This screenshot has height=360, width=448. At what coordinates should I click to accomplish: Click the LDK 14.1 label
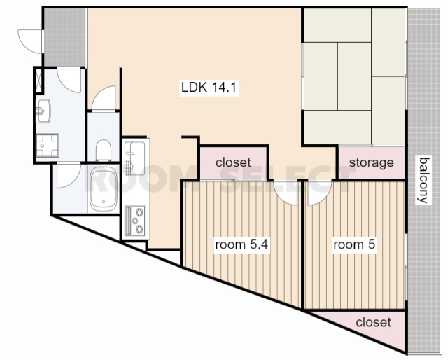point(209,87)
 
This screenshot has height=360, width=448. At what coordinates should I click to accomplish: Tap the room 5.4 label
point(241,244)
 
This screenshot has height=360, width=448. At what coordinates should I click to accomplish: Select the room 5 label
point(354,244)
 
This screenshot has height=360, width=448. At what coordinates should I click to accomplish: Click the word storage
point(372,162)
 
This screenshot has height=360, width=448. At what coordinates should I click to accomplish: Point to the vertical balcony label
point(423,180)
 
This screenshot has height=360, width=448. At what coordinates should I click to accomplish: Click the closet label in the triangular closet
point(373,323)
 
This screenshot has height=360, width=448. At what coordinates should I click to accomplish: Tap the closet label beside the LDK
point(233,162)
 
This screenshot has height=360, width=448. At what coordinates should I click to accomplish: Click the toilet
point(103,151)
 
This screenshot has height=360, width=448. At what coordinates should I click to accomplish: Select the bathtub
point(104,189)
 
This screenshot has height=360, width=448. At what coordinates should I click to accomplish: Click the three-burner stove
point(135,220)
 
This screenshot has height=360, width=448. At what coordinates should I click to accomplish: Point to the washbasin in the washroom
point(43,111)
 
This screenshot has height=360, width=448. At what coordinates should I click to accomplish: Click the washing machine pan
point(48,146)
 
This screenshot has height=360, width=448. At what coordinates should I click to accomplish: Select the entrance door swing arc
point(30,41)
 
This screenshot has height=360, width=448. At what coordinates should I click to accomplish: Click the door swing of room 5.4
point(285,192)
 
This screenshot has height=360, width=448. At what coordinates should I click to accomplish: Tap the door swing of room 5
point(319,193)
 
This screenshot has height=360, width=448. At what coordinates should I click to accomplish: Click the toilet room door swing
point(104,98)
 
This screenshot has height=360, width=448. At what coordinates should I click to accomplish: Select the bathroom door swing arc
point(69,176)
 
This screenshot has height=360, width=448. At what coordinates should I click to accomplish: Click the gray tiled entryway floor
point(65,37)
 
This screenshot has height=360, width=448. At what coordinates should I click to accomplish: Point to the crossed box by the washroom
point(38,80)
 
